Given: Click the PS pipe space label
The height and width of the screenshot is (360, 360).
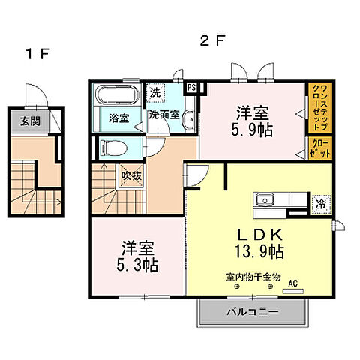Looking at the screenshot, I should [x=192, y=87].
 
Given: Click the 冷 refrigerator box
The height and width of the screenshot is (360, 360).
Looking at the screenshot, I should [x=321, y=202].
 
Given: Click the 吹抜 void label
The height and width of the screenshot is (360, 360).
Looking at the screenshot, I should [x=130, y=177].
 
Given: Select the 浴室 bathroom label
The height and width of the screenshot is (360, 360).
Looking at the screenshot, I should [x=118, y=118].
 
